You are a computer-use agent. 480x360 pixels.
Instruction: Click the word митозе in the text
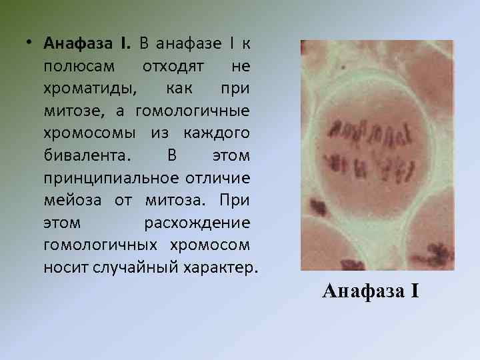[70, 111]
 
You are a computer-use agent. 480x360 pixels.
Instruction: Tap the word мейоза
[70, 201]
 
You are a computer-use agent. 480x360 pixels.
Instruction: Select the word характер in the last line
[217, 268]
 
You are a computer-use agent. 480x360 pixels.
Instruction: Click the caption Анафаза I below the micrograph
[370, 291]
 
